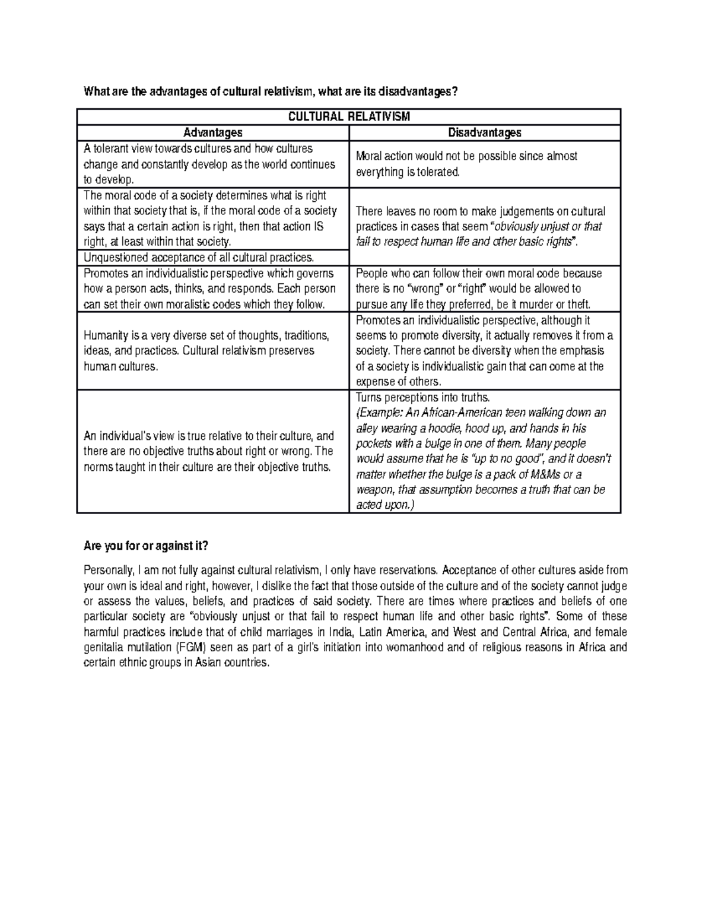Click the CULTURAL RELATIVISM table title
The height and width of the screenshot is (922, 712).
(349, 117)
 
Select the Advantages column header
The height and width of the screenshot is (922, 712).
(212, 133)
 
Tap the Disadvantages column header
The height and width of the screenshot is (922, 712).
(484, 133)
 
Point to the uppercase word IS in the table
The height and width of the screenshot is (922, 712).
(317, 226)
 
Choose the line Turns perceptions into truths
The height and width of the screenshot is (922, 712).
(422, 397)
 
